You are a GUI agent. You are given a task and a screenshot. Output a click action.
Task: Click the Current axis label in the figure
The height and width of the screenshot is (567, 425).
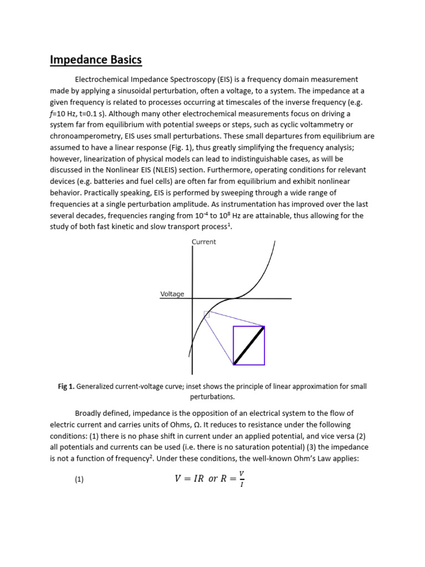tap(204, 242)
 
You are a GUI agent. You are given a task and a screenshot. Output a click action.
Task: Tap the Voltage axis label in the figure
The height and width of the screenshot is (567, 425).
tap(172, 294)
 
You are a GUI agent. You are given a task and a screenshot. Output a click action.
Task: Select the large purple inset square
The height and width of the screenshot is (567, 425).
tap(248, 346)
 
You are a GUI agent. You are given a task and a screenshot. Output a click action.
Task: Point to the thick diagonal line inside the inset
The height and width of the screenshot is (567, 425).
tap(249, 346)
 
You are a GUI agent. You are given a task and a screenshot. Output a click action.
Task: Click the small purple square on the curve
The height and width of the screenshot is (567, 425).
tap(206, 315)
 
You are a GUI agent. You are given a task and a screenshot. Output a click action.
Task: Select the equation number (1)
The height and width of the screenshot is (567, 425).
tap(79, 480)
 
